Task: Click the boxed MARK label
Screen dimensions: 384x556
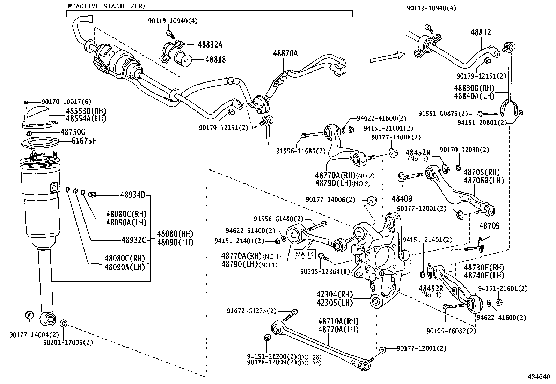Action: click(x=305, y=254)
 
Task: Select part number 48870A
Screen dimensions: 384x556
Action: click(x=285, y=53)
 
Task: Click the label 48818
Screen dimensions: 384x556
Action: click(x=215, y=59)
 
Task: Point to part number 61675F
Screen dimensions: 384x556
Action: click(x=83, y=141)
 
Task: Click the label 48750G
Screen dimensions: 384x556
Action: click(x=73, y=132)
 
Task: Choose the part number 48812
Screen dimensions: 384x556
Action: click(x=481, y=32)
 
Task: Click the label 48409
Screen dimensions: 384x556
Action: click(x=402, y=199)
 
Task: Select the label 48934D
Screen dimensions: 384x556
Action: click(x=132, y=195)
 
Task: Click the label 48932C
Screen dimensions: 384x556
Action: click(x=134, y=240)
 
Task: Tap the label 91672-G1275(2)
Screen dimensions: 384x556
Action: click(x=251, y=311)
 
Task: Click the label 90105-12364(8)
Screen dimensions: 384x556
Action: click(x=325, y=271)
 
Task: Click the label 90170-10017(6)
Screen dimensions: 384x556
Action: click(x=66, y=102)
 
